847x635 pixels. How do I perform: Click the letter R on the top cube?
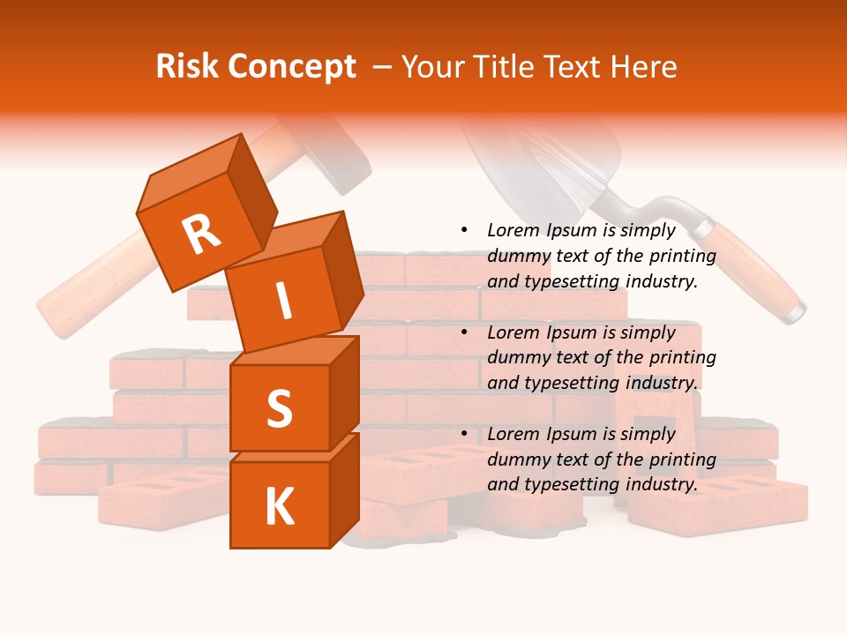coord(201,233)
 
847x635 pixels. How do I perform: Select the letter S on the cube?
coord(279,407)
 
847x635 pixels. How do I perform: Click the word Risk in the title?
coord(187,67)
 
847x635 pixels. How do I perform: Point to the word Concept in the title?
coord(291,68)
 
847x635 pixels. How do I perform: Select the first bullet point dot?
coord(464,230)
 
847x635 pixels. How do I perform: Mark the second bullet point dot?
coord(464,332)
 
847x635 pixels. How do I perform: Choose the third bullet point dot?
coord(464,434)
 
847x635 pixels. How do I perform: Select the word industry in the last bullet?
coord(663,484)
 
